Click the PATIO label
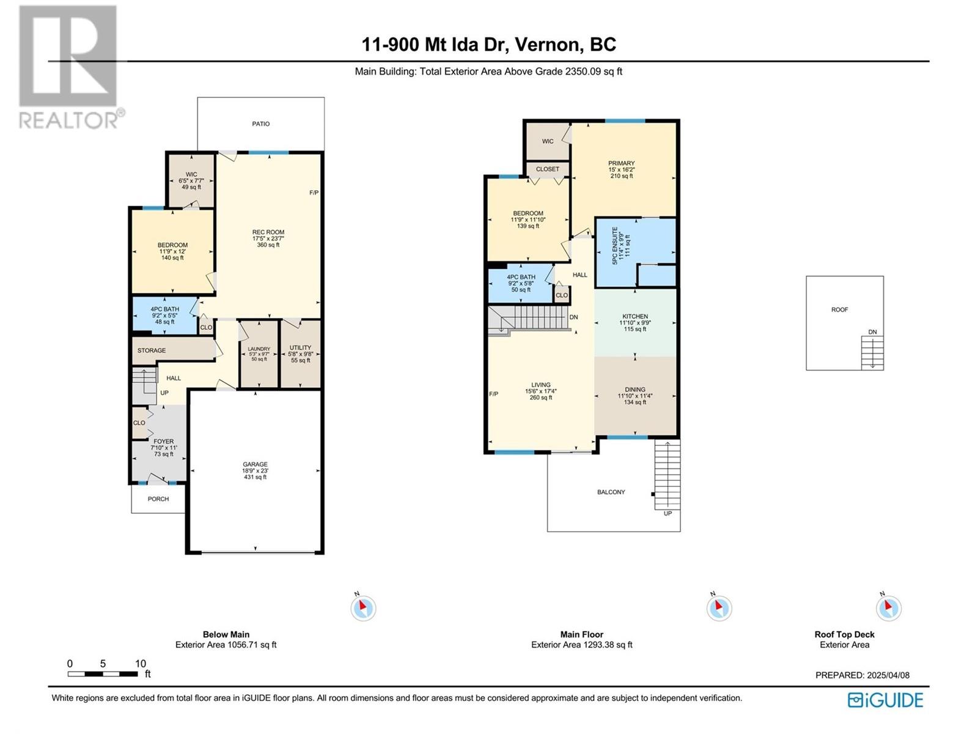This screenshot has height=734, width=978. (x=260, y=124)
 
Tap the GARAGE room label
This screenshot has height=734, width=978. (x=256, y=464)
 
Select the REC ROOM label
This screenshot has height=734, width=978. (x=268, y=232)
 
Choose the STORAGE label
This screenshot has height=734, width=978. (x=152, y=350)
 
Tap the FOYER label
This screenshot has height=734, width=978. (x=164, y=442)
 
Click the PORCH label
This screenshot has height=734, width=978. (x=158, y=499)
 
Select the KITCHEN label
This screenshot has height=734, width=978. (x=635, y=316)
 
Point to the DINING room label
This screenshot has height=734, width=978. (x=635, y=390)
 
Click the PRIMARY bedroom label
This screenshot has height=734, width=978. (x=622, y=163)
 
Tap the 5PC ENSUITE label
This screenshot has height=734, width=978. (x=616, y=245)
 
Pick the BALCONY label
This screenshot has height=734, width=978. (x=611, y=492)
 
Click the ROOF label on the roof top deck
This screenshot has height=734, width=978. (x=839, y=310)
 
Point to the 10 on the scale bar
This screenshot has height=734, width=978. (x=141, y=664)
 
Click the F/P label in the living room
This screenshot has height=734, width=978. (x=494, y=394)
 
